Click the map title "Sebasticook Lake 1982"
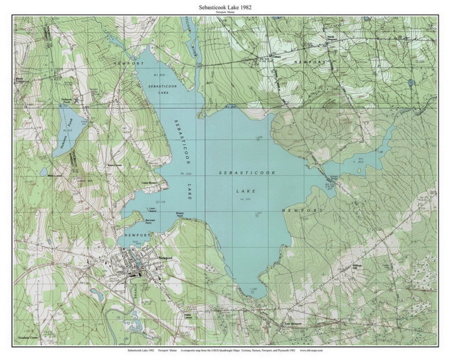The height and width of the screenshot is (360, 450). pos(225,7)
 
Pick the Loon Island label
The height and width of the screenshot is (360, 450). pos(153,210)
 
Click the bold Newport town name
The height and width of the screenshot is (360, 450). pos(165,258)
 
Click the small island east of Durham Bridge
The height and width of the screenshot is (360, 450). pos(360,170)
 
